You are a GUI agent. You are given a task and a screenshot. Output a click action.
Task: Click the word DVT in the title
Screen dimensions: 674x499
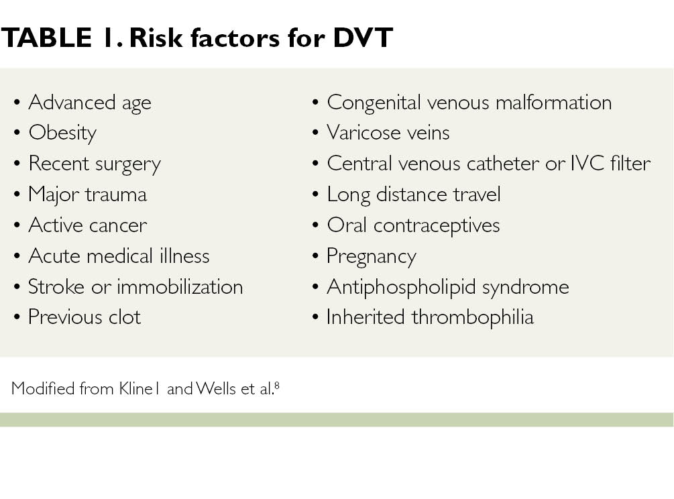[363, 38]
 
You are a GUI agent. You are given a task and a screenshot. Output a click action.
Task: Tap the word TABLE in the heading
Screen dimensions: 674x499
[46, 38]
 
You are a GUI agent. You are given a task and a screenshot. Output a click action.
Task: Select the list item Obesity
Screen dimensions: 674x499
[62, 133]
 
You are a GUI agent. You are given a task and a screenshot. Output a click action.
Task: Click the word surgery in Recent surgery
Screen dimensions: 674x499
[128, 164]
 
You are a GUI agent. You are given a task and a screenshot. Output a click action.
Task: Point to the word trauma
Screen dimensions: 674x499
[116, 195]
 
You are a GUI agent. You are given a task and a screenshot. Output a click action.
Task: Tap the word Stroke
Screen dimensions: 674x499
[56, 287]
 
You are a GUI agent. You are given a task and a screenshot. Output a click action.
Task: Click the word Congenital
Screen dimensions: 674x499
[374, 103]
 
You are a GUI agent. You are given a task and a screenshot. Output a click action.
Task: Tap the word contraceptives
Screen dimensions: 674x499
[437, 226]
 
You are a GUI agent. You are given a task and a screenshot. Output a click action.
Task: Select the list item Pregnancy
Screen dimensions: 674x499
[372, 257]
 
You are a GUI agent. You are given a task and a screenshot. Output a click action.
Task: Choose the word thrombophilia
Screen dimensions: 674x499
[472, 318]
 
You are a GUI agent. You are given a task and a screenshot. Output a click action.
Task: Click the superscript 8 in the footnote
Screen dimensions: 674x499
[277, 385]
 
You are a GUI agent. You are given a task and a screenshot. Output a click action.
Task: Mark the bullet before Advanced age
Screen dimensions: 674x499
[17, 103]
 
